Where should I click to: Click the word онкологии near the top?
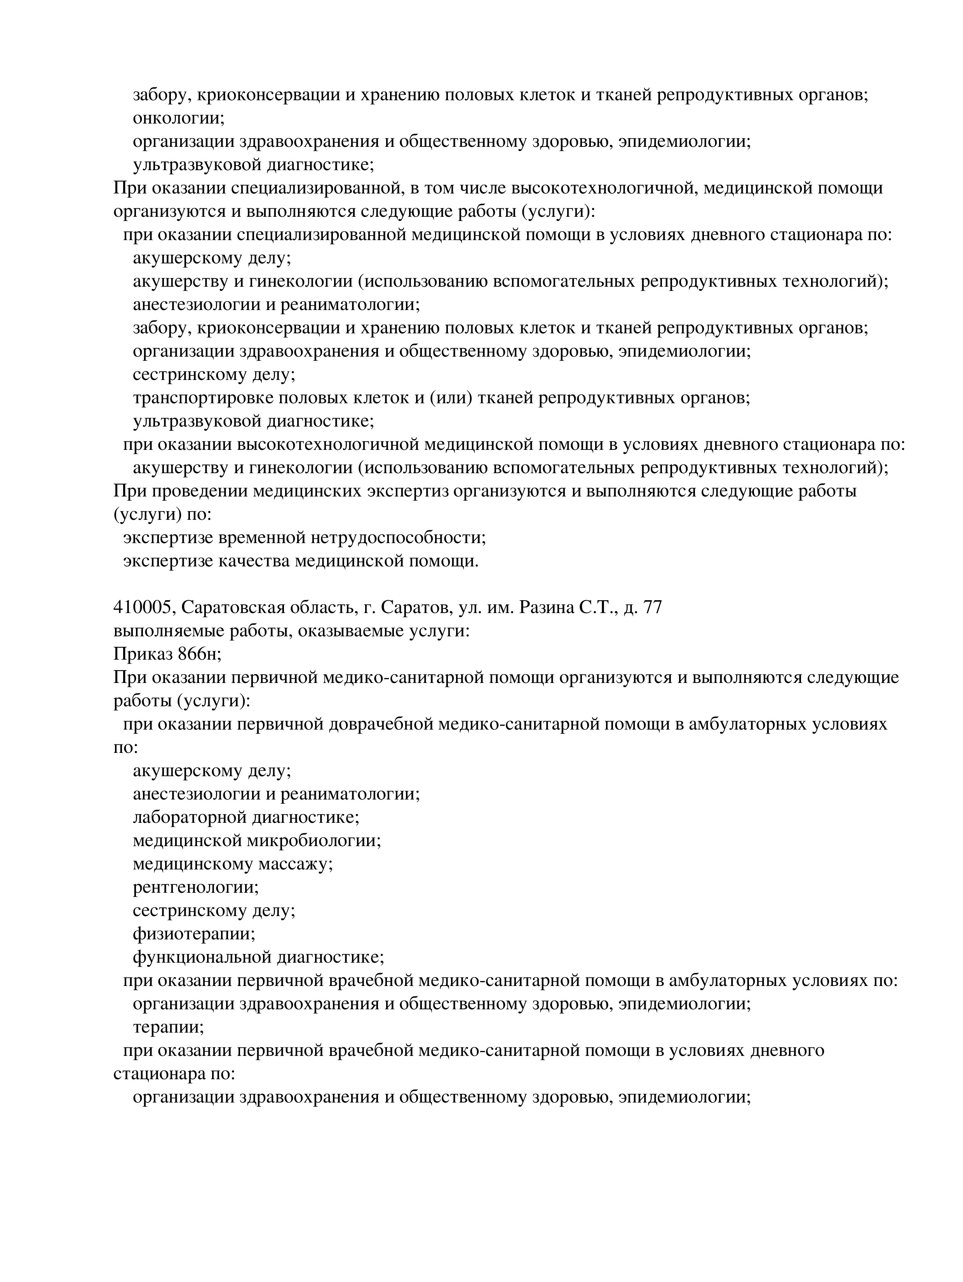click(x=178, y=118)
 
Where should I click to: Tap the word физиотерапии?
click(x=193, y=933)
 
